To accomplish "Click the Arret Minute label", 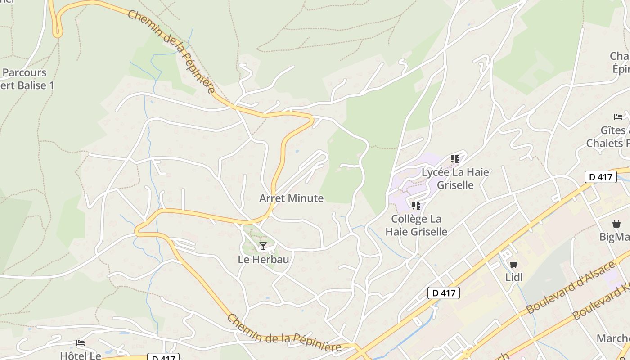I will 291,198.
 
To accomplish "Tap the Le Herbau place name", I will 263,260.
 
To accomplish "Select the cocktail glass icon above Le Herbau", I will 263,246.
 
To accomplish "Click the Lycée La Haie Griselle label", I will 455,178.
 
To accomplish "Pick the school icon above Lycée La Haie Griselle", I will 455,159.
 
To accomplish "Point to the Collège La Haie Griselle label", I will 416,225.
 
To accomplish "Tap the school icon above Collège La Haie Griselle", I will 416,206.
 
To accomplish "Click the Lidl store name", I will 514,277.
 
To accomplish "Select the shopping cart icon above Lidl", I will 513,264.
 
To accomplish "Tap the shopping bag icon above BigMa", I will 616,224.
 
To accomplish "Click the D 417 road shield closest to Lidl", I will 444,293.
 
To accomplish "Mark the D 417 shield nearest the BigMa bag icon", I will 601,177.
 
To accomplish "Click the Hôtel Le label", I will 81,355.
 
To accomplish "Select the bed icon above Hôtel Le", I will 81,343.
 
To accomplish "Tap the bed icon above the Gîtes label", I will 618,117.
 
